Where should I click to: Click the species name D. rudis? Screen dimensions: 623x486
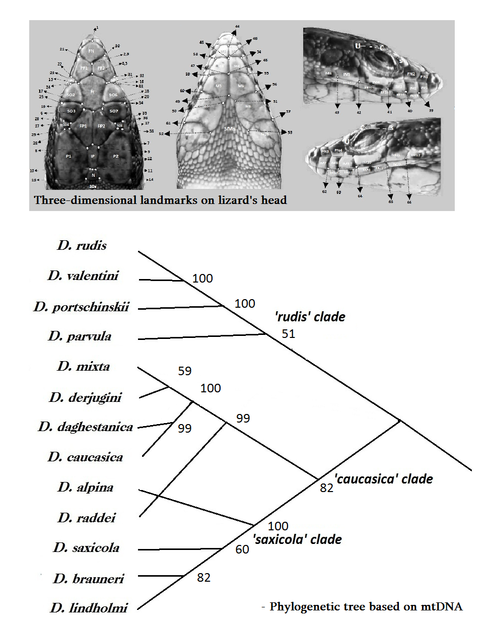coord(82,245)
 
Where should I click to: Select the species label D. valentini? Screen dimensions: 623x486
coord(83,275)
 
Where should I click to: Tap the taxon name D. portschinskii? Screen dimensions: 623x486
coord(81,307)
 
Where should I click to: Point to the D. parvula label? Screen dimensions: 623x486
coord(80,336)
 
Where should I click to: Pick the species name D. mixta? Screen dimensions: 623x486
coord(83,366)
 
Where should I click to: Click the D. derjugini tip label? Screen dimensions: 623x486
coord(85,397)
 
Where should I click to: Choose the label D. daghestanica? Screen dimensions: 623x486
coord(85,427)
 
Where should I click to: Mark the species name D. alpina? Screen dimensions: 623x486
coord(85,487)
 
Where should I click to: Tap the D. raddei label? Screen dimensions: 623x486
coord(86,518)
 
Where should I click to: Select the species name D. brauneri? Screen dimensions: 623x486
coord(88,579)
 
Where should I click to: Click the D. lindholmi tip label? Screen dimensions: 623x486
coord(89,608)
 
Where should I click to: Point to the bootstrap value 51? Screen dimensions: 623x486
coord(288,334)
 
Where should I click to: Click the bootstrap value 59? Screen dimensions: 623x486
coord(185,371)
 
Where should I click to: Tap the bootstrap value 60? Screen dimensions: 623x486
coord(242,549)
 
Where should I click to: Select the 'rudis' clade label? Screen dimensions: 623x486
coord(310,317)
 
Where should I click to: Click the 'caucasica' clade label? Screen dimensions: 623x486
coord(383,479)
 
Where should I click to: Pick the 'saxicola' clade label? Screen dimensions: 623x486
coord(297,539)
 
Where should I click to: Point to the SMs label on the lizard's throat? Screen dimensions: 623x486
coord(230,129)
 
